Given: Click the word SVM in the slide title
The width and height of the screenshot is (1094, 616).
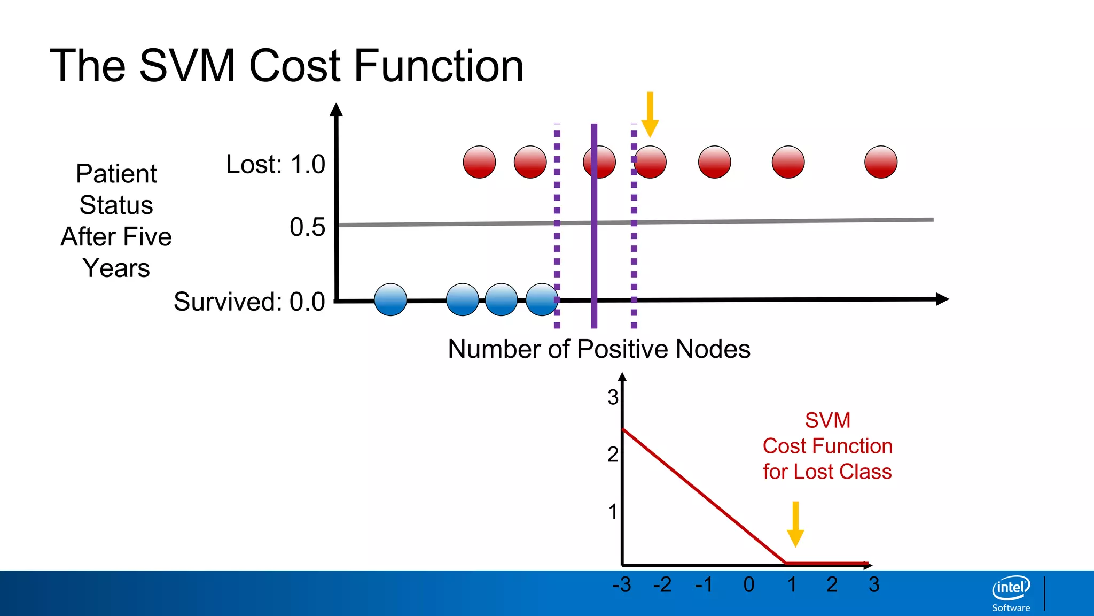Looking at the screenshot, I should click(x=187, y=66).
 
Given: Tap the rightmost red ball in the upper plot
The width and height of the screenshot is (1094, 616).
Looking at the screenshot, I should click(x=880, y=162).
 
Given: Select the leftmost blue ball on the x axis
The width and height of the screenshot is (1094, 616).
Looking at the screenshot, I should click(x=390, y=299).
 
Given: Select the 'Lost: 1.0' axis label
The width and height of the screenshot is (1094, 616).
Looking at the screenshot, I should click(x=275, y=164).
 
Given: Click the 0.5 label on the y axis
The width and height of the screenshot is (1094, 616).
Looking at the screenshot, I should click(x=307, y=227).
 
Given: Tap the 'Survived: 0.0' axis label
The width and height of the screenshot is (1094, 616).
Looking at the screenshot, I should click(x=249, y=302).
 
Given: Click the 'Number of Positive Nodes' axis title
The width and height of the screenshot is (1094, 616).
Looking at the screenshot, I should click(x=599, y=349).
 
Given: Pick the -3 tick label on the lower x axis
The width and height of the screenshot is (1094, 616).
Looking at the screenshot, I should click(x=622, y=584).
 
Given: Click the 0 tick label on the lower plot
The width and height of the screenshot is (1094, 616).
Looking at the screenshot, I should click(x=749, y=584).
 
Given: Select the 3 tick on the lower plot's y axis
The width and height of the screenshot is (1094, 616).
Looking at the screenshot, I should click(x=613, y=397).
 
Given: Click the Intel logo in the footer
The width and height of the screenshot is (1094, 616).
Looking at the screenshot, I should click(x=1011, y=588).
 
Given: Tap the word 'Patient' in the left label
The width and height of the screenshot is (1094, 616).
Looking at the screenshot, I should click(x=116, y=174).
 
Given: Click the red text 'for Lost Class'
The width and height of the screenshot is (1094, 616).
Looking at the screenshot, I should click(x=827, y=472).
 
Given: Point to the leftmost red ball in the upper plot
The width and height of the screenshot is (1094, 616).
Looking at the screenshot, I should click(x=479, y=162).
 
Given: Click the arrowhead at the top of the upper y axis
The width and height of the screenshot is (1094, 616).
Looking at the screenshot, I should click(x=336, y=110).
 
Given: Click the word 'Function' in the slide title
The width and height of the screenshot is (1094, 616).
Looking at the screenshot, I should click(x=438, y=66).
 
